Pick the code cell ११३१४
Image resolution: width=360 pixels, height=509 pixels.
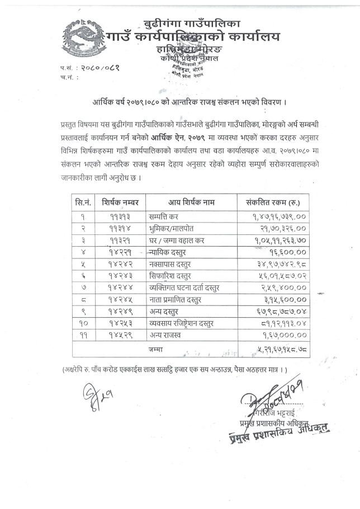pos(120,228)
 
